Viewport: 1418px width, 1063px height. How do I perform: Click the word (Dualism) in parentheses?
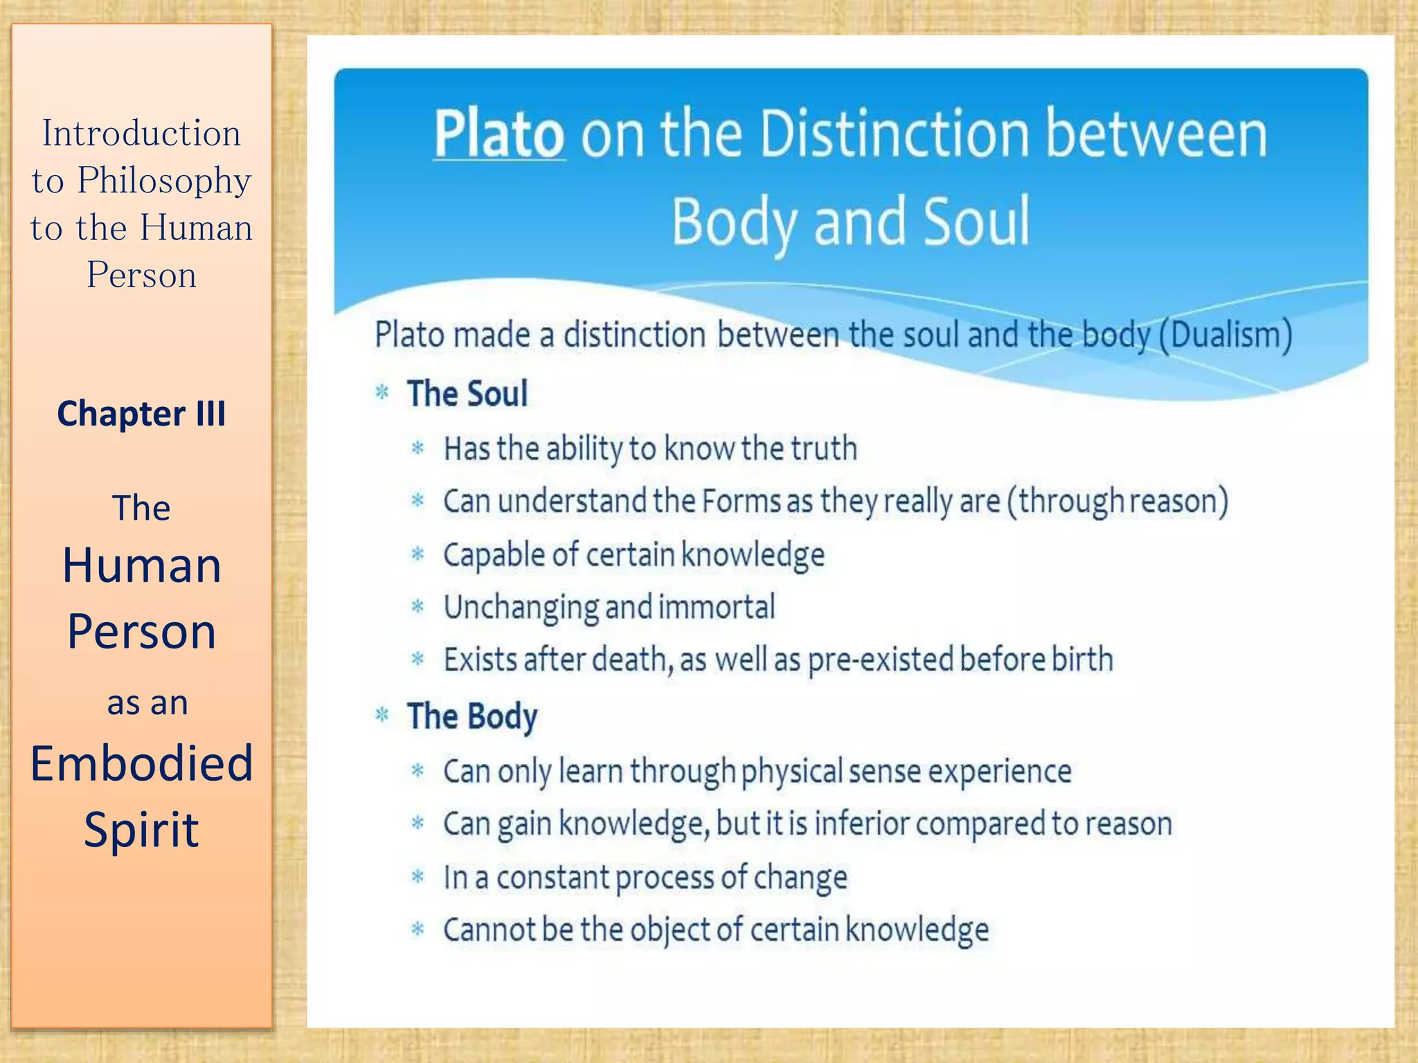1226,335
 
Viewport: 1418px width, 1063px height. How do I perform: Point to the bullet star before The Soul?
382,393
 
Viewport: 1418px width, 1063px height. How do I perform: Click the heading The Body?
472,716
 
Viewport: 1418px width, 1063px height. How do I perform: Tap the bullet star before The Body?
382,715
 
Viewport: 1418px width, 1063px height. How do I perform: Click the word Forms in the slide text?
742,501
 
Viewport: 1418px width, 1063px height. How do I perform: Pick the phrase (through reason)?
1118,501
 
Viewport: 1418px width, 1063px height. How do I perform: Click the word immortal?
717,607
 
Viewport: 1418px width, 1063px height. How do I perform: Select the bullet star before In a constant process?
418,877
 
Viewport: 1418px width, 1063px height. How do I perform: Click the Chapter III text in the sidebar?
141,414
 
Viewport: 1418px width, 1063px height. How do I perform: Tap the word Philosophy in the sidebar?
164,181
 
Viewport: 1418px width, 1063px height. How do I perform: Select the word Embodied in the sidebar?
141,763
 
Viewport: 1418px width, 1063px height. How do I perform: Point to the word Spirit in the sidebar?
141,829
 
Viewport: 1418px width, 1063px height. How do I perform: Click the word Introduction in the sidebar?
141,133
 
